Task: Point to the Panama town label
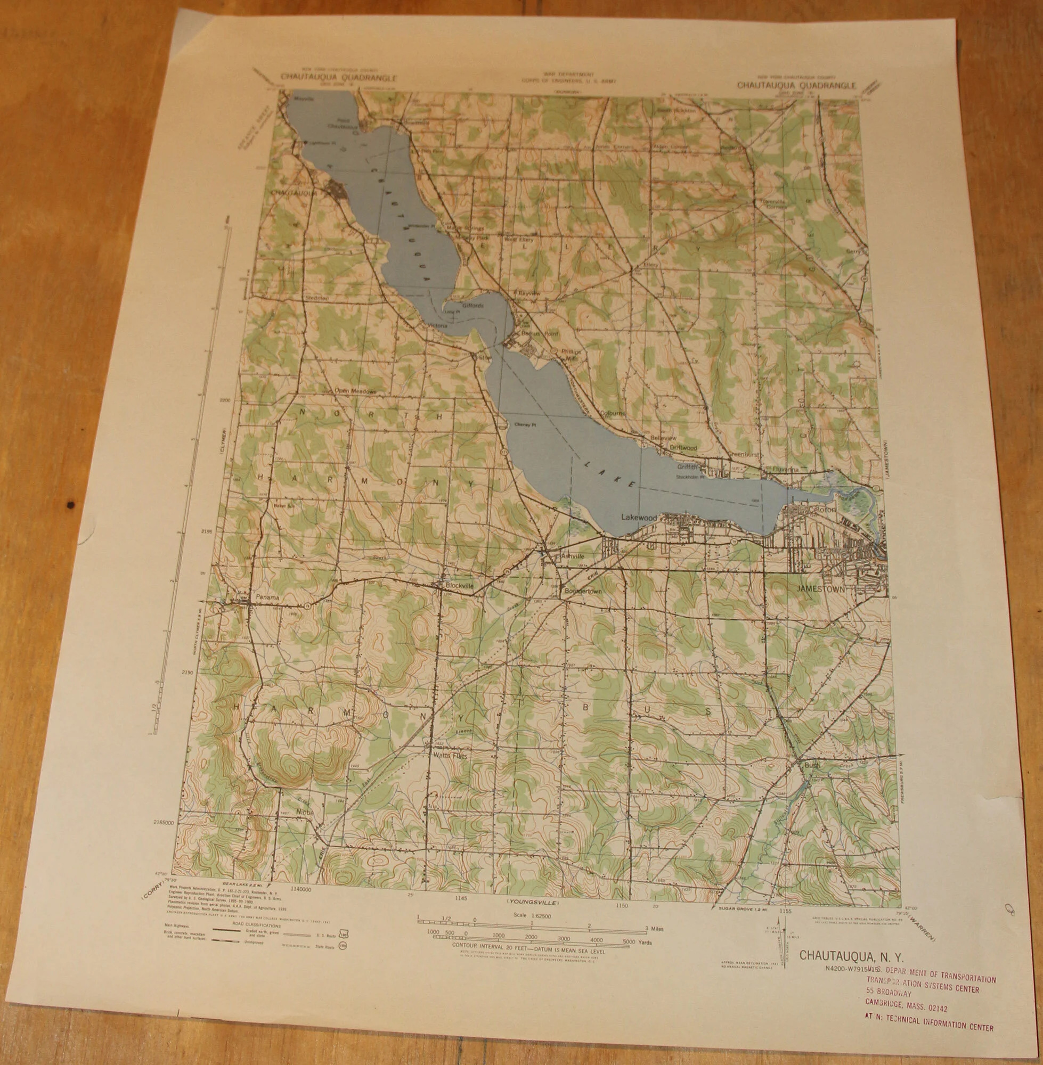(x=267, y=598)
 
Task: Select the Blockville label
(x=460, y=585)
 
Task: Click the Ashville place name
(x=573, y=556)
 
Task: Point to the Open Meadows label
(x=355, y=391)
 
